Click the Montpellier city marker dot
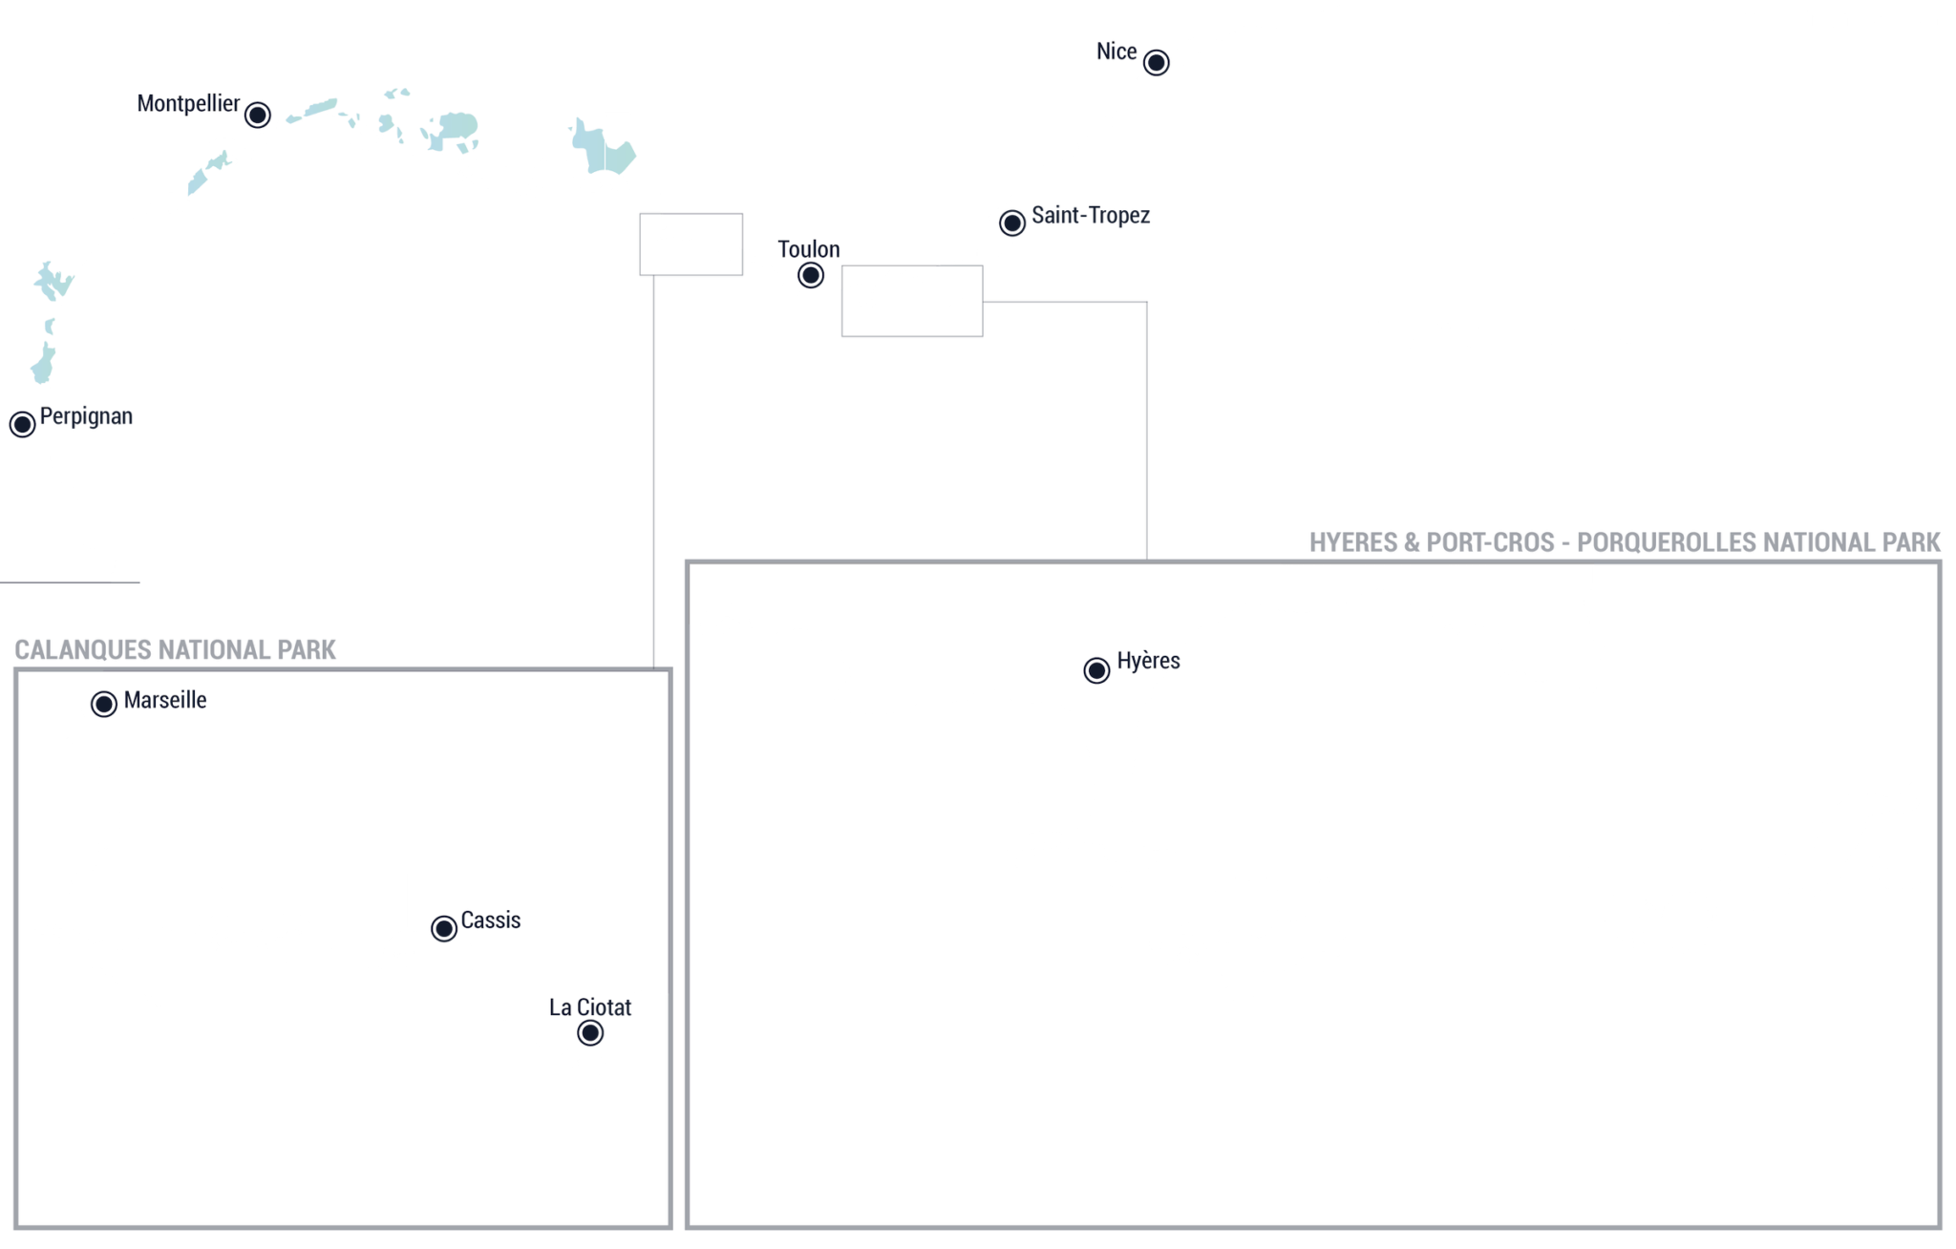pos(257,115)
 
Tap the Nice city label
pos(1116,52)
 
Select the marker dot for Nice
pos(1156,62)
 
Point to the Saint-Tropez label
pos(1091,215)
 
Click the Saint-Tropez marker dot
pos(1011,222)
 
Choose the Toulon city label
pos(809,249)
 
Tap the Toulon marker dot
pos(810,275)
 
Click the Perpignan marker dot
pos(22,424)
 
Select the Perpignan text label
pos(86,417)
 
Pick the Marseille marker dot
pos(103,704)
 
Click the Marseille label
pos(165,700)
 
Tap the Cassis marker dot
pos(443,928)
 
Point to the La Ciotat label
pos(590,1007)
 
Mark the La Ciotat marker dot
pos(590,1032)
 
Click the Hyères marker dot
pos(1096,670)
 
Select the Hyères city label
pos(1148,662)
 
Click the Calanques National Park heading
pos(175,650)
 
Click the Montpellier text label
pos(188,104)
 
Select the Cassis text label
pos(491,921)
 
